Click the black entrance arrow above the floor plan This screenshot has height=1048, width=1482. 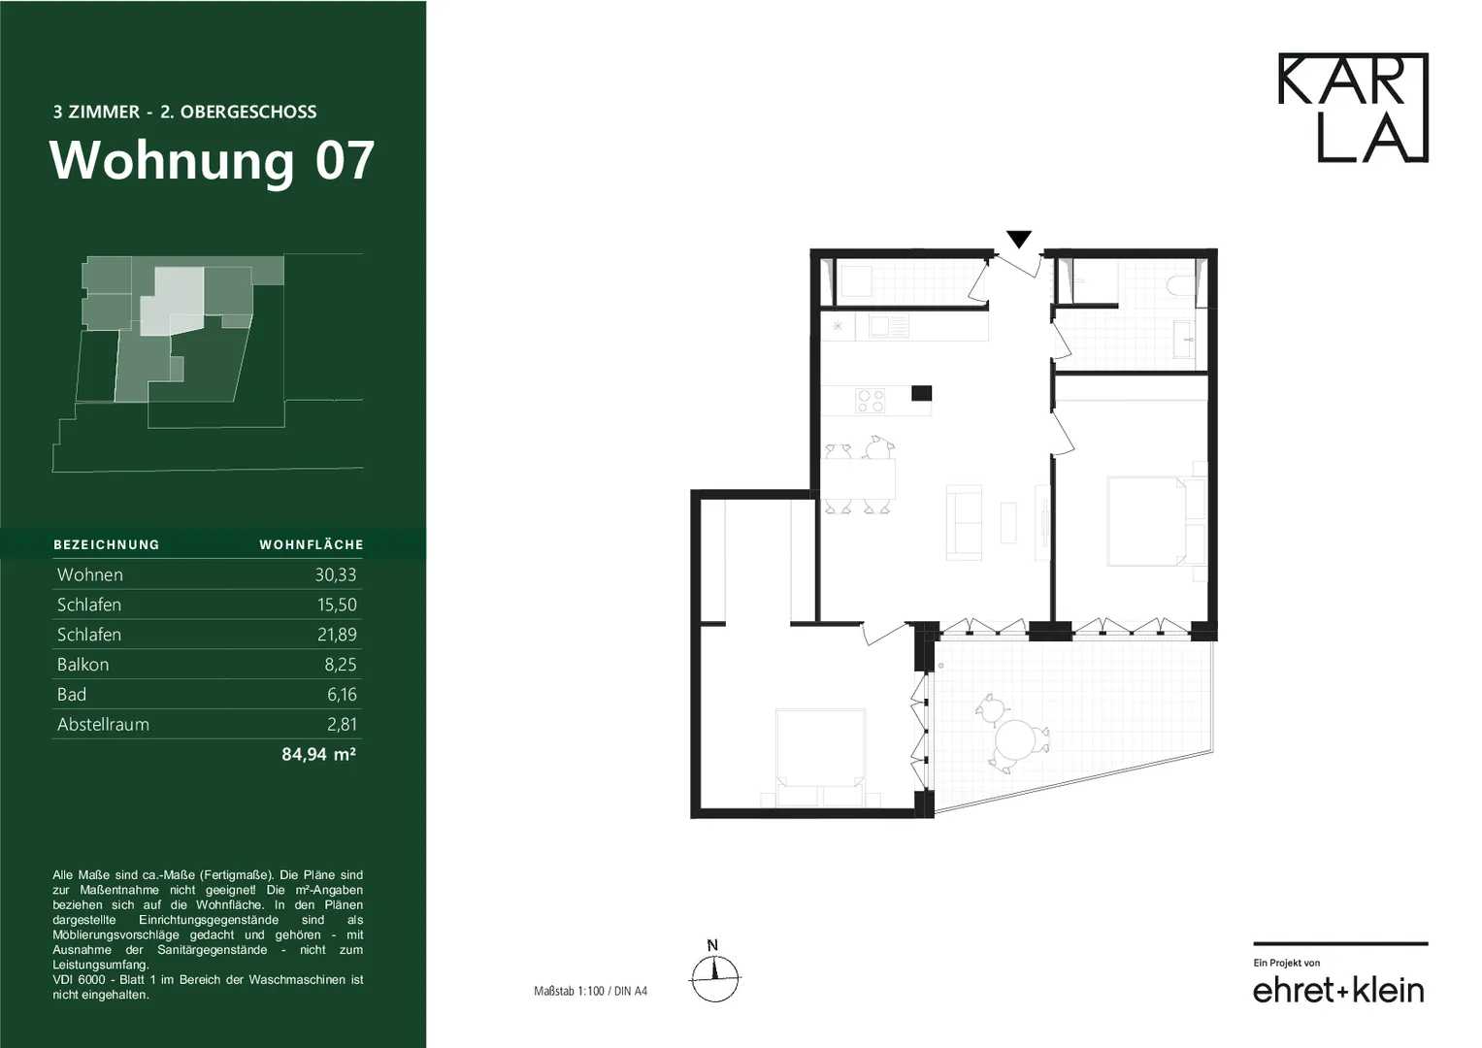[1019, 239]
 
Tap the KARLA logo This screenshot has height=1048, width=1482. [1353, 107]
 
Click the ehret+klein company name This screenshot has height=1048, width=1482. [1338, 990]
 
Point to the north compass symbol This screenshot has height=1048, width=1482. [714, 971]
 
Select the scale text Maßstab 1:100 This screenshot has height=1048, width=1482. [569, 991]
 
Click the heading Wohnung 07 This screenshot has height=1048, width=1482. [212, 161]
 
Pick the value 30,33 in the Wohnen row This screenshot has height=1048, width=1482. [336, 574]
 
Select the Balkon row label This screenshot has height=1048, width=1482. [82, 665]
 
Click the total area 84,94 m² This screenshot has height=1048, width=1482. [319, 754]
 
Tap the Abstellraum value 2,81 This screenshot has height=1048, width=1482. [342, 725]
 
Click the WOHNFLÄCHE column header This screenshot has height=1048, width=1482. [311, 544]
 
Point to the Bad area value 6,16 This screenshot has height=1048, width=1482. [342, 694]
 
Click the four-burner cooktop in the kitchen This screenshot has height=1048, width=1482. [870, 401]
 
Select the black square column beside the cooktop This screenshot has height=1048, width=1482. [922, 393]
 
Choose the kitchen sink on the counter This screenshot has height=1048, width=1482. [888, 326]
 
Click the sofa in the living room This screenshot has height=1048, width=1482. [964, 523]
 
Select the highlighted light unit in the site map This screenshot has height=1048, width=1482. [171, 302]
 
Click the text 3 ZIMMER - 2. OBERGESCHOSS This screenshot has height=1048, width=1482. [184, 112]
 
